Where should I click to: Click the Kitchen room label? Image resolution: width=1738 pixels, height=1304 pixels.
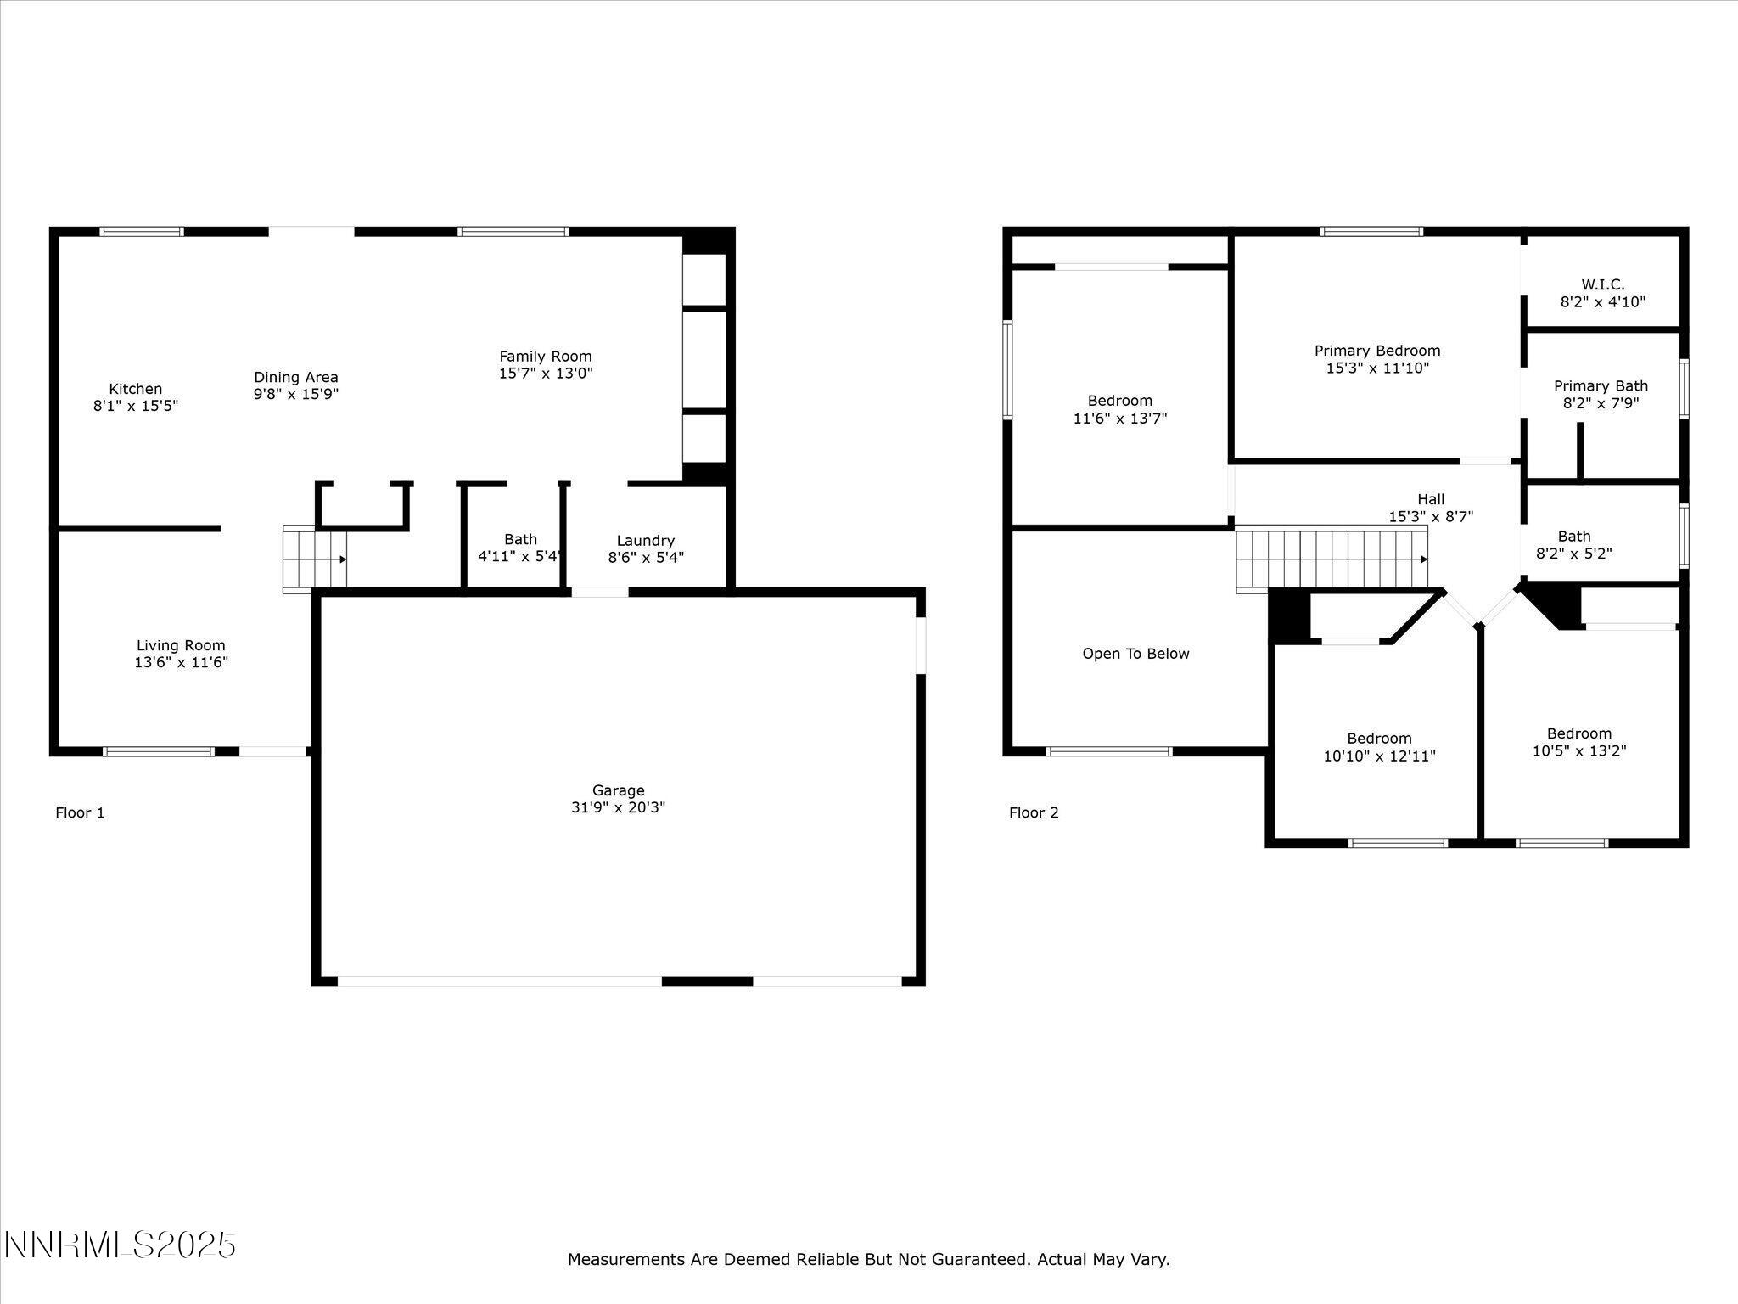[136, 390]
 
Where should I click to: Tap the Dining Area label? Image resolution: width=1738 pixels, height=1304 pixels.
[295, 378]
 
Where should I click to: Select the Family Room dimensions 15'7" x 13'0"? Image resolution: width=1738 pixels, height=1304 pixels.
[545, 374]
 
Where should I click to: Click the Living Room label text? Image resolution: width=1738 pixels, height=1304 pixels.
[181, 646]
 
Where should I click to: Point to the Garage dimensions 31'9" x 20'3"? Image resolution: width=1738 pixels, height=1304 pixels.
[618, 807]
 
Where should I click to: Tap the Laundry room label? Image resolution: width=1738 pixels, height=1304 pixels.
[645, 541]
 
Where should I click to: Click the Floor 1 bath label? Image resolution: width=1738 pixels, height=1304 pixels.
[520, 540]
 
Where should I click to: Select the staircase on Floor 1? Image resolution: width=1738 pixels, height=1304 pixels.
[315, 558]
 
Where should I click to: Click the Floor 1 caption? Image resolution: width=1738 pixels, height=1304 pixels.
[80, 813]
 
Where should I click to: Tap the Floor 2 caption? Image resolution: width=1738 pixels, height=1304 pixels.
[1034, 813]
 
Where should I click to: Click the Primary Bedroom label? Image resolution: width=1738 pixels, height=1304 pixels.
[1377, 351]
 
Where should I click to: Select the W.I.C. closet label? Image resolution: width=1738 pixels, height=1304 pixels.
[1602, 285]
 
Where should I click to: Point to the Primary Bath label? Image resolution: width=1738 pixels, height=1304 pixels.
[1601, 386]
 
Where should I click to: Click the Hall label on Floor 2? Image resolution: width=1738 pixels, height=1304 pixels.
[1431, 500]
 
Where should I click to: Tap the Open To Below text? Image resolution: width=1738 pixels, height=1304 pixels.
[1135, 654]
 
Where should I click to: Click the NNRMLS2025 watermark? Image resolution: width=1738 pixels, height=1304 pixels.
[120, 1245]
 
